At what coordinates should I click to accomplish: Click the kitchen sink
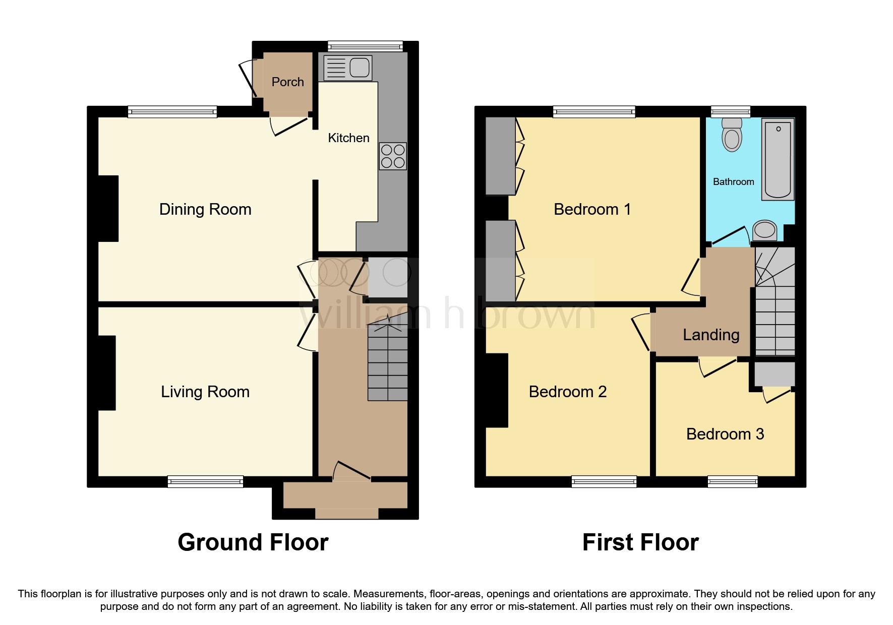click(x=348, y=68)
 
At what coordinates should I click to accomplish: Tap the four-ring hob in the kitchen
click(x=393, y=156)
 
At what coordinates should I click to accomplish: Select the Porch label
click(x=287, y=82)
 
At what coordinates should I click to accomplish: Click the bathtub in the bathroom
click(x=778, y=159)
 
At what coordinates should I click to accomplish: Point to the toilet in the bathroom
click(x=732, y=135)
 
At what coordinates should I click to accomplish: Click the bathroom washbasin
click(x=765, y=231)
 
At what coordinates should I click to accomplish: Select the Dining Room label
click(x=205, y=209)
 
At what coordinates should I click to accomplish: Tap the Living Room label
click(x=205, y=392)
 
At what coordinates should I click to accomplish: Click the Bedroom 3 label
click(x=725, y=434)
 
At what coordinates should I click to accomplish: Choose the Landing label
click(x=711, y=335)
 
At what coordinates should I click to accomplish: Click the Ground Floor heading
click(x=253, y=543)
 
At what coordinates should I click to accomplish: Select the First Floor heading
click(x=640, y=543)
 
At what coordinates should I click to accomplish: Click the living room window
click(x=205, y=481)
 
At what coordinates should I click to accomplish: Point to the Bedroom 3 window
click(x=732, y=481)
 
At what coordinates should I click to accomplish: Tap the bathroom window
click(x=730, y=111)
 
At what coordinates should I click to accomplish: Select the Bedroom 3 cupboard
click(x=775, y=374)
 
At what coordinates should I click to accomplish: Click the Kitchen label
click(x=348, y=138)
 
